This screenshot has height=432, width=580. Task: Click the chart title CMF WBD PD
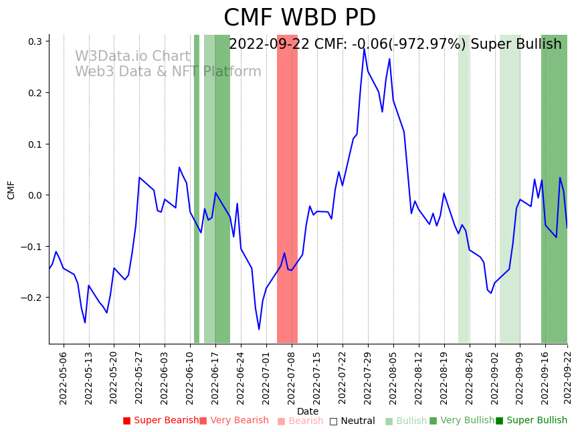[x=299, y=18]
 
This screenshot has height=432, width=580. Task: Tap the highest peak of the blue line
[x=364, y=49]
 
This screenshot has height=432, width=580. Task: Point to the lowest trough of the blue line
[x=259, y=329]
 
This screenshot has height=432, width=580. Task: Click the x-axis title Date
[x=308, y=411]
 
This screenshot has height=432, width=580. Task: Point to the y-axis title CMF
[x=11, y=189]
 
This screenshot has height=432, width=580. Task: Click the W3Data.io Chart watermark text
[x=132, y=56]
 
